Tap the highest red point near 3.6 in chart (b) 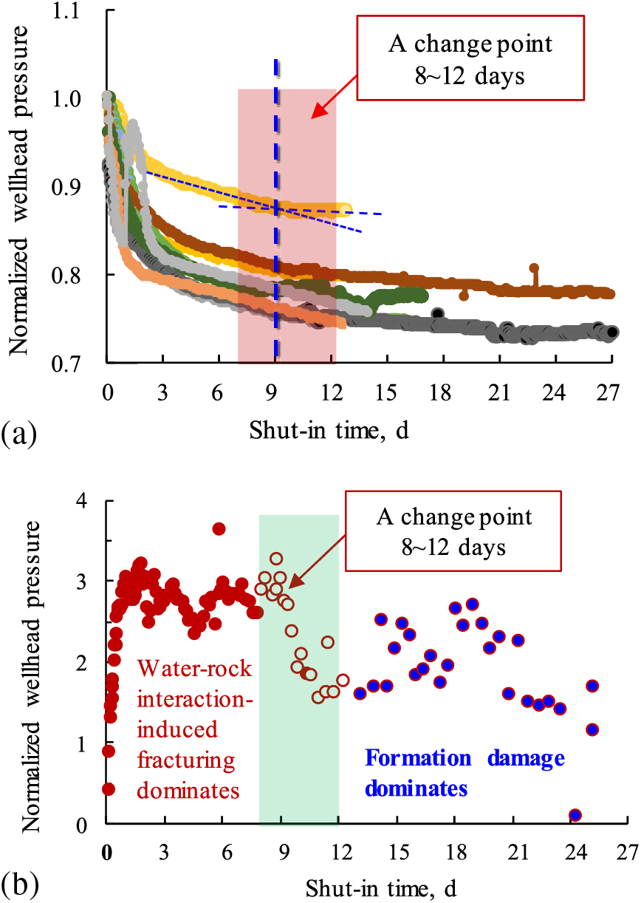pyautogui.click(x=219, y=528)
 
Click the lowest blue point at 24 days pyautogui.click(x=575, y=815)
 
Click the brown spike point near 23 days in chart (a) pyautogui.click(x=534, y=268)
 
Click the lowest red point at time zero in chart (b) pyautogui.click(x=109, y=788)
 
